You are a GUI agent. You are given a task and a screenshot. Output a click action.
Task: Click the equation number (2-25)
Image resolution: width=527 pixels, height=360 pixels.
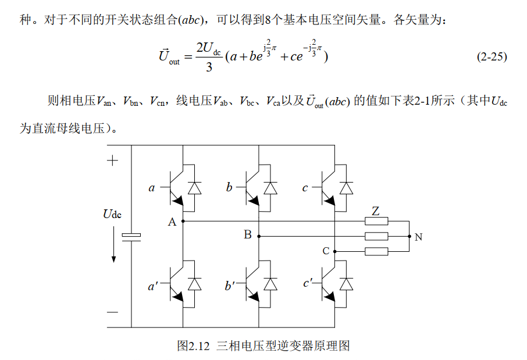(492, 56)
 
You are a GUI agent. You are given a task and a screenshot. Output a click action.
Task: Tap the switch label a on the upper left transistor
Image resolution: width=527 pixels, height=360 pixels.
(152, 188)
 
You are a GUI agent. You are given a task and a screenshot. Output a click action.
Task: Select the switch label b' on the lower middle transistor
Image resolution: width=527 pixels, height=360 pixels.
(230, 286)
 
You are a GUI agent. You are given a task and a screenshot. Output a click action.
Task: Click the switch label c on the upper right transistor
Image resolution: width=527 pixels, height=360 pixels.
(305, 188)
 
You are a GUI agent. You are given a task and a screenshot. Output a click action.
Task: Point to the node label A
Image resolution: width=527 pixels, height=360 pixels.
(172, 222)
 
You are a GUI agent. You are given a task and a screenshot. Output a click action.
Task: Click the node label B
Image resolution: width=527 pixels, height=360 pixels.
(248, 234)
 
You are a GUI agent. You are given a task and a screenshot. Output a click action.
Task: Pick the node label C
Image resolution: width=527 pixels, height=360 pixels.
(326, 251)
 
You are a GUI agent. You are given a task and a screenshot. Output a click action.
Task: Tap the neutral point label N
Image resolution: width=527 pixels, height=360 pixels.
(418, 237)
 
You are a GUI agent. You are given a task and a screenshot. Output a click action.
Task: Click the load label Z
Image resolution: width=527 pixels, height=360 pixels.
(376, 211)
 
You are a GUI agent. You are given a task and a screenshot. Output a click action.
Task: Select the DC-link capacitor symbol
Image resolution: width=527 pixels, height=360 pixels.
(131, 237)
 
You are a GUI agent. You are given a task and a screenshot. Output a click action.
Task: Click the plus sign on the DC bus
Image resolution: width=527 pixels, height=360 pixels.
(112, 161)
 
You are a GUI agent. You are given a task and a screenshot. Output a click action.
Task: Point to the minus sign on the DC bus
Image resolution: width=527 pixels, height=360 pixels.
(112, 312)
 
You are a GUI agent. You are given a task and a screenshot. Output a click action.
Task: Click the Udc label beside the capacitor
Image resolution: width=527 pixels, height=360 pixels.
(112, 214)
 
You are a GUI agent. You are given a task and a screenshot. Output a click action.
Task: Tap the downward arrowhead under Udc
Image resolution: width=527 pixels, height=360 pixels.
(113, 259)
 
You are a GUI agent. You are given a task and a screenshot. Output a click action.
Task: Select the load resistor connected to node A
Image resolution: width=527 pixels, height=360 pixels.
(376, 221)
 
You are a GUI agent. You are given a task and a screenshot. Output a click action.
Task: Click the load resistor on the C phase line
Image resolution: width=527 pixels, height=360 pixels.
(376, 251)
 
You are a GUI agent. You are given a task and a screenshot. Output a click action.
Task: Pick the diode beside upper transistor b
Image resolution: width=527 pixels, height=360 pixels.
(270, 188)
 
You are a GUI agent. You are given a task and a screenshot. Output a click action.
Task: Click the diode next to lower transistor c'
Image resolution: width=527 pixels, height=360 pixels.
(347, 284)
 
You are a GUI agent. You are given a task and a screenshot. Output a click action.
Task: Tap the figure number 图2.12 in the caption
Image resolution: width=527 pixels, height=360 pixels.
(193, 346)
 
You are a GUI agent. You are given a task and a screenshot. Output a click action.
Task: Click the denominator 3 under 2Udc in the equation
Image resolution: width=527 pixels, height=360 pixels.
(209, 67)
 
